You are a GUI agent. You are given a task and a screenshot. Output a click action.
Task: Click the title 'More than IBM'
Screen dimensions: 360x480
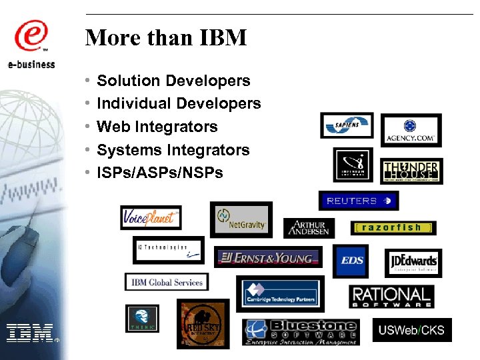point(166,37)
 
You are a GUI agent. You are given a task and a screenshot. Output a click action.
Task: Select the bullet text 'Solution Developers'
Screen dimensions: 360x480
point(173,81)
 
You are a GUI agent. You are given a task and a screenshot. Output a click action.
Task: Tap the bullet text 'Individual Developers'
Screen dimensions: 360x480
point(179,103)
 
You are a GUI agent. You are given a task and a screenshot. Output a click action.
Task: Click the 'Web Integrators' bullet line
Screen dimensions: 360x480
point(157,127)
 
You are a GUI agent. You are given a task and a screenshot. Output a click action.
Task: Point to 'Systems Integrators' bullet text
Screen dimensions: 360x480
point(173,150)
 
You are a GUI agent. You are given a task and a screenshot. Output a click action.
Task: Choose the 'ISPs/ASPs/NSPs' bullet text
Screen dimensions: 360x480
point(160,173)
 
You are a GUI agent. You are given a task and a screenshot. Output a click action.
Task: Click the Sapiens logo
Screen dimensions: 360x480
point(347,125)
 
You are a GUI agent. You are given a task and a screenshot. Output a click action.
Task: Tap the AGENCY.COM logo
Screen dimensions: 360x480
point(411,130)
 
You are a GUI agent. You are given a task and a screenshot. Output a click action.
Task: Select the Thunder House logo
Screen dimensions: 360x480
point(411,171)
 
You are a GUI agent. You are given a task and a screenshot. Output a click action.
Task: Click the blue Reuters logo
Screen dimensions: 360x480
point(358,201)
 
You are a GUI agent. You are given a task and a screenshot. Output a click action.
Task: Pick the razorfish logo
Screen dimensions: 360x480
point(393,227)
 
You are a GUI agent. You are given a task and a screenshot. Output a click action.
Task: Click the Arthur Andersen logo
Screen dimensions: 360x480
point(309,228)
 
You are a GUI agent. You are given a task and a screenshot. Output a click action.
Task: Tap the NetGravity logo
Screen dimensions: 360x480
point(241,219)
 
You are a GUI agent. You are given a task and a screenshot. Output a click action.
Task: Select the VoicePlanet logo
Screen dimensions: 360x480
point(151,217)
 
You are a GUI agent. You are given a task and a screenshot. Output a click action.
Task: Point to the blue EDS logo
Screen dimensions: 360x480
point(351,261)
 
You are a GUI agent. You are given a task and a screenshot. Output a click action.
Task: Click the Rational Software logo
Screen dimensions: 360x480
point(391,297)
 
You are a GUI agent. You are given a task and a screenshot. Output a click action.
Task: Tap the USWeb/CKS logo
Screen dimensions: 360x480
point(411,330)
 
